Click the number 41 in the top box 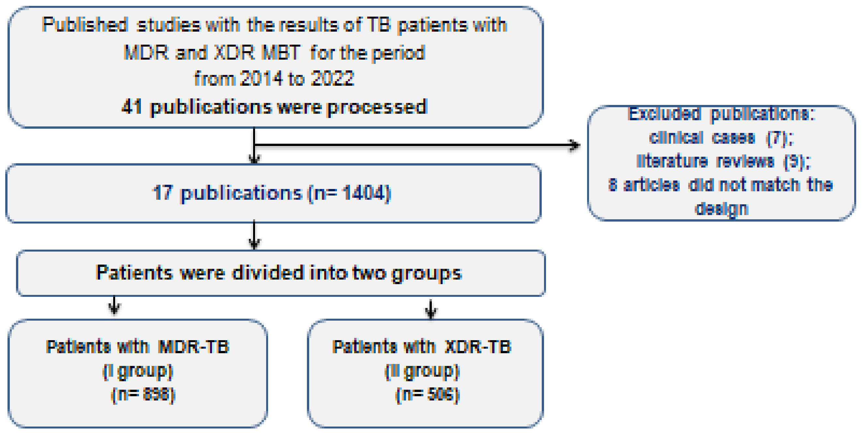131,107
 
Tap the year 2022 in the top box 332,78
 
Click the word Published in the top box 85,25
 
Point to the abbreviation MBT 281,52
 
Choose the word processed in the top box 377,107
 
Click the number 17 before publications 162,193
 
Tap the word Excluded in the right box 664,114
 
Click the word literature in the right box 672,161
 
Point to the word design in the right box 721,209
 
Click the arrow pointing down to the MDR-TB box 114,306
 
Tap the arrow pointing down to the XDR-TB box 431,310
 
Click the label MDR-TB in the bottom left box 194,347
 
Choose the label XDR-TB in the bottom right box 478,347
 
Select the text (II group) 422,371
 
